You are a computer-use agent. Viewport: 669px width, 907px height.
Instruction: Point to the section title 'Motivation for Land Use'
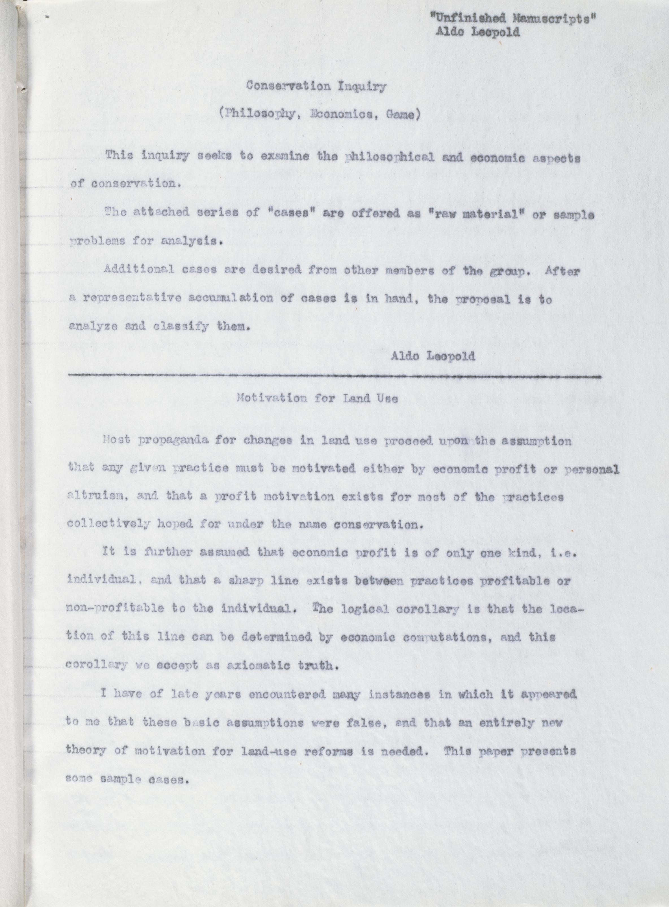317,398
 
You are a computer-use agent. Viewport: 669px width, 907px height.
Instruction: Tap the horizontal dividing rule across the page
335,376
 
